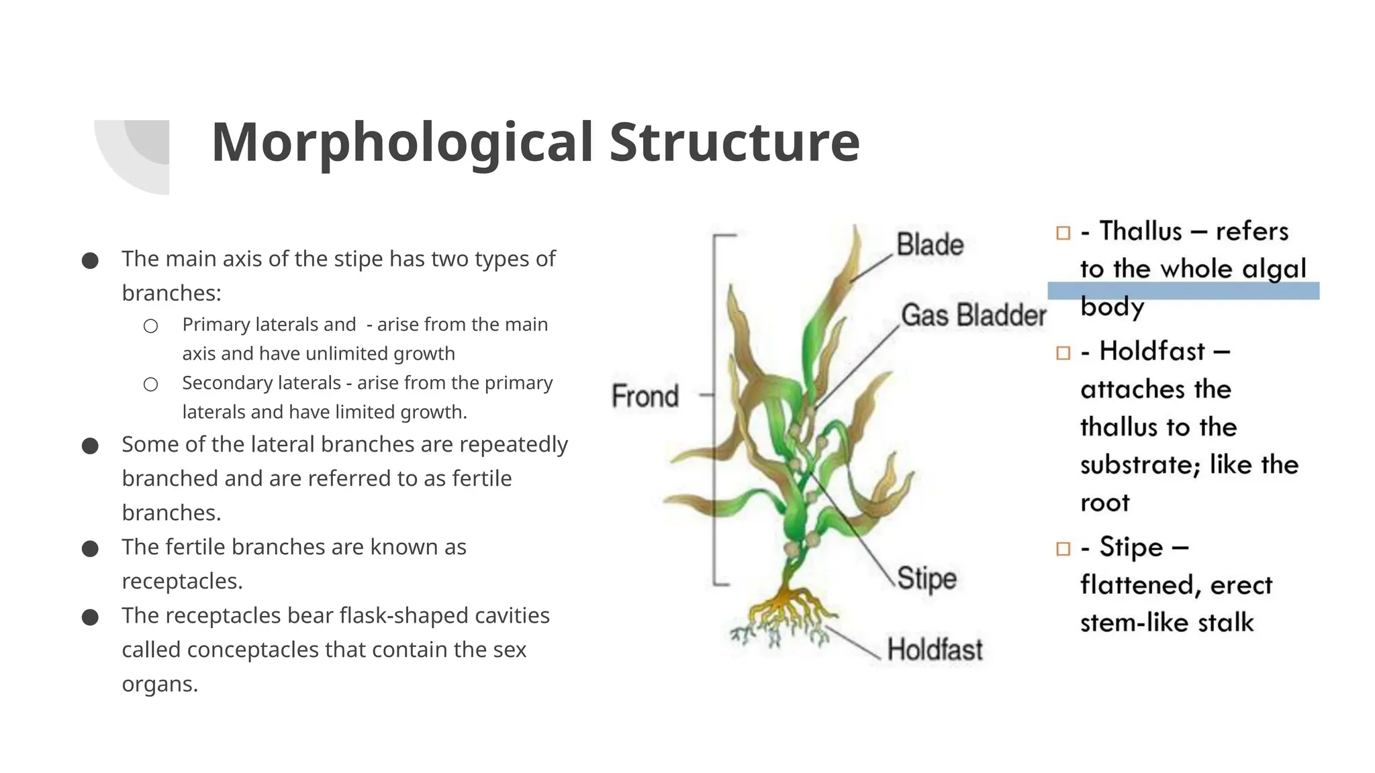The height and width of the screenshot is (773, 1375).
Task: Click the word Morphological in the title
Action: click(x=401, y=143)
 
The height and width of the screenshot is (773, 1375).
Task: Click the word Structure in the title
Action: click(x=734, y=143)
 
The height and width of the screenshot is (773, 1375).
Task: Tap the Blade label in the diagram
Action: click(x=930, y=245)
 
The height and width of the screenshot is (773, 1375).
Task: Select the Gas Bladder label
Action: click(x=974, y=315)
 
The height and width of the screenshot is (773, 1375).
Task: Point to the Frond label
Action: click(x=645, y=396)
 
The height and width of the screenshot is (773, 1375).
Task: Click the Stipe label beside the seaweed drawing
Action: click(x=927, y=578)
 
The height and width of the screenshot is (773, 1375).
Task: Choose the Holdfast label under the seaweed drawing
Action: click(x=935, y=650)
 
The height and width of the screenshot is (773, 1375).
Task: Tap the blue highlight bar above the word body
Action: click(x=1183, y=291)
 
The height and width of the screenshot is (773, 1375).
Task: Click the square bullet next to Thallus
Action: click(x=1063, y=233)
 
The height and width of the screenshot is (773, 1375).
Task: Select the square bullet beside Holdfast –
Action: click(x=1063, y=353)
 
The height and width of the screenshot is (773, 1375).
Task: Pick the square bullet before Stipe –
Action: click(x=1063, y=549)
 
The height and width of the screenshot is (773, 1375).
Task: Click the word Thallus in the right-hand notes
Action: click(x=1140, y=231)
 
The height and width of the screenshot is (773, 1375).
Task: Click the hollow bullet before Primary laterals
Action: click(x=151, y=326)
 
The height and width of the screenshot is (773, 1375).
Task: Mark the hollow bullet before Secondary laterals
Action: click(x=151, y=384)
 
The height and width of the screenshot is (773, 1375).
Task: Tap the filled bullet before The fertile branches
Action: click(x=90, y=549)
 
